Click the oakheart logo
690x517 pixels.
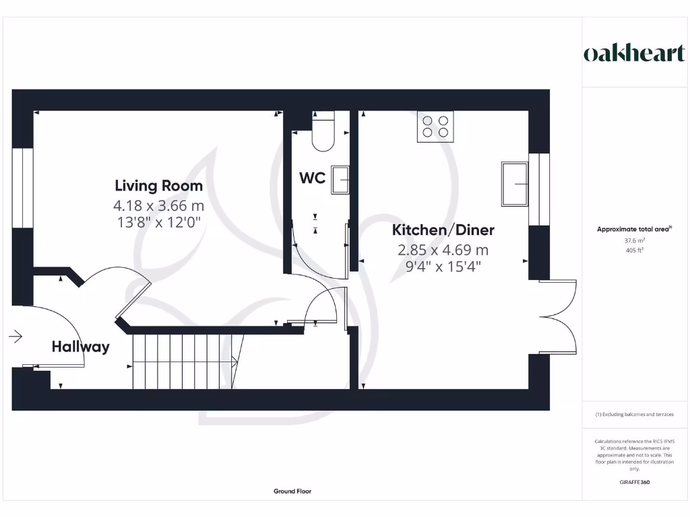(x=634, y=54)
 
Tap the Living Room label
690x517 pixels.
(x=158, y=185)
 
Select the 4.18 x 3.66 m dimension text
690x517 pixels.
(x=158, y=205)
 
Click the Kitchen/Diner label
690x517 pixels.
(x=443, y=230)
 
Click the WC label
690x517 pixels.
(x=313, y=178)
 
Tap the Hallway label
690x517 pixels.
(x=80, y=347)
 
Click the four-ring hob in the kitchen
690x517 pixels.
(x=435, y=127)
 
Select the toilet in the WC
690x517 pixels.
(x=323, y=132)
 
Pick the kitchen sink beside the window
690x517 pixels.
(x=515, y=184)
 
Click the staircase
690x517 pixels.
(x=183, y=361)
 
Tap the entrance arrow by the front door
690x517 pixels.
(x=15, y=336)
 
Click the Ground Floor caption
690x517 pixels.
(x=292, y=491)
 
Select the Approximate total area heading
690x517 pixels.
(x=633, y=230)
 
